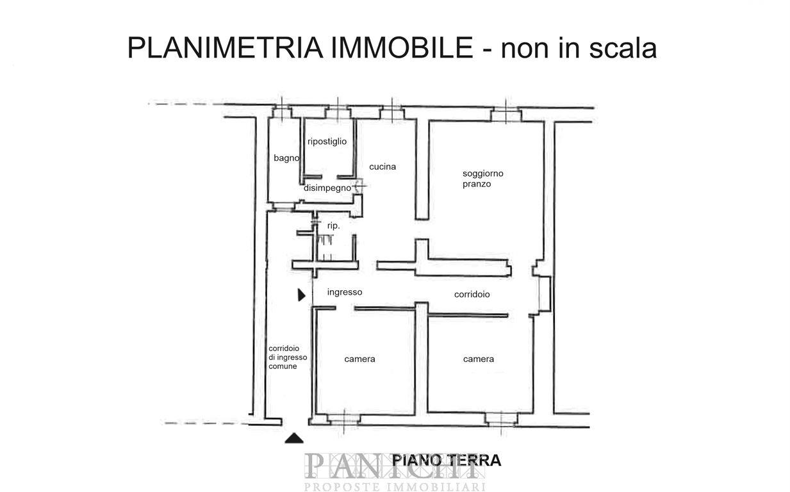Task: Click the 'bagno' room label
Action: tap(286, 158)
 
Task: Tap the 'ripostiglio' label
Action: tap(327, 142)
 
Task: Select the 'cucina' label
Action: tap(383, 167)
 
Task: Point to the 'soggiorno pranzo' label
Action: tap(483, 179)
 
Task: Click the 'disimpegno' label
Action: tap(327, 188)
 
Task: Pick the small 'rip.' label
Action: tap(333, 226)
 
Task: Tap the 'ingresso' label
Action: tap(345, 292)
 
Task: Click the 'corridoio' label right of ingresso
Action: tap(472, 294)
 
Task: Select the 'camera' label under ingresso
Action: tap(359, 359)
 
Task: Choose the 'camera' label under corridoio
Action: tap(478, 359)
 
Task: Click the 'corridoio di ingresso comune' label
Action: tap(288, 357)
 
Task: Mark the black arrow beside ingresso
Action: tap(301, 295)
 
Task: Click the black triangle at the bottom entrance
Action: tap(294, 438)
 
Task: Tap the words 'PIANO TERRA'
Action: tap(447, 461)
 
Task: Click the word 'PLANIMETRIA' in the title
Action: tap(226, 48)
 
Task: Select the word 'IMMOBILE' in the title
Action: tap(402, 48)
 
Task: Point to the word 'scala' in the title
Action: tap(623, 48)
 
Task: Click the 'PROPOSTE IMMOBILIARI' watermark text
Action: tap(395, 487)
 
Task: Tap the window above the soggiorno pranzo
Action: tap(506, 114)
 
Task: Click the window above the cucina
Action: tap(392, 113)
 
